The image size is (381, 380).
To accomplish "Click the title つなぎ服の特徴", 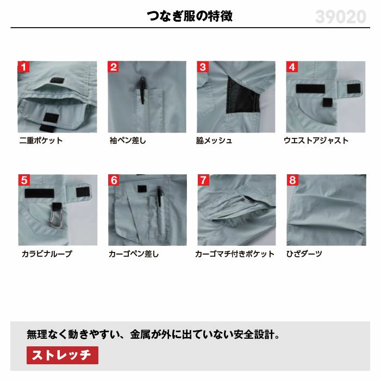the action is coord(190,16).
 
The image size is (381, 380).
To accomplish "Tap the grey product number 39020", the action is coord(341,17).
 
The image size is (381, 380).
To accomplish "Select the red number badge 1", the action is coord(23,67).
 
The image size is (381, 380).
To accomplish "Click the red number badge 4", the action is coord(292,67).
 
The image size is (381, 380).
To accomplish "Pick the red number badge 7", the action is coord(203,180).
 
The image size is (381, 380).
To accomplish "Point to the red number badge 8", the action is coord(292,180).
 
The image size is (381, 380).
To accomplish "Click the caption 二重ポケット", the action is coord(41,141).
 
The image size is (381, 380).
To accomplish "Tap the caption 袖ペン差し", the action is coord(128,141).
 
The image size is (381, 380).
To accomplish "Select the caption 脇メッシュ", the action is coord(214,141).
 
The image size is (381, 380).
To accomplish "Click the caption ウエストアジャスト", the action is coord(316,141).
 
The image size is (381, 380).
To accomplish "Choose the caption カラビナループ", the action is coord(47,254).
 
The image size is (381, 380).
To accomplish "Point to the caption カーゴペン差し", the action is coord(133,254).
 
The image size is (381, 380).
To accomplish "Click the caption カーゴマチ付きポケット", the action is coord(235,254).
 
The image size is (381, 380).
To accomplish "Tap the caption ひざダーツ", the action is coord(304,254).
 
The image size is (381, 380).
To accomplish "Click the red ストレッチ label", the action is coord(63,355).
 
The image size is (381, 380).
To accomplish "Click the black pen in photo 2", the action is coord(142,90).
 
